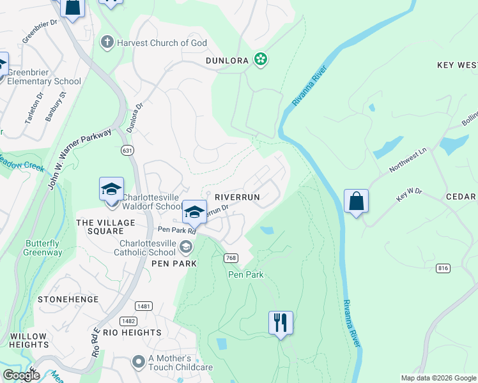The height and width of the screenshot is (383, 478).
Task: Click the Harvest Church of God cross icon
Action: click(107, 42)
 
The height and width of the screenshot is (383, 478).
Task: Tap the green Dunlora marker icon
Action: click(260, 60)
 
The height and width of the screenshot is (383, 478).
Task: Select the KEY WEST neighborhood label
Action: click(457, 65)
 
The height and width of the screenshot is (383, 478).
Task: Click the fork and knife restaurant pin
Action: click(281, 323)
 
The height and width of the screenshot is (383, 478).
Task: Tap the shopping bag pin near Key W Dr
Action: click(356, 201)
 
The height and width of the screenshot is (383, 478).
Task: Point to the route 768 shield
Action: click(231, 258)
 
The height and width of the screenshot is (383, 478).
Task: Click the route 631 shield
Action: click(126, 149)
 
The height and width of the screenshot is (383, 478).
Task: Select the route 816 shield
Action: click(443, 268)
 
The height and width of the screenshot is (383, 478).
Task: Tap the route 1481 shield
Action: click(144, 306)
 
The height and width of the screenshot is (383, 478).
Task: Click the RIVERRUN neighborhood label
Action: click(237, 198)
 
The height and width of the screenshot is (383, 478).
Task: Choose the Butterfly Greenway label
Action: click(44, 248)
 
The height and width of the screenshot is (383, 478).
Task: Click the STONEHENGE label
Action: click(68, 299)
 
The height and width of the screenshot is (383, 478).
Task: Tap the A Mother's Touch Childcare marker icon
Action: click(138, 362)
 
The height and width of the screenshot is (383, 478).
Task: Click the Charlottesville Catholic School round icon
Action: click(186, 246)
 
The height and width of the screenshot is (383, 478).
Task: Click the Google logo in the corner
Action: click(20, 375)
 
